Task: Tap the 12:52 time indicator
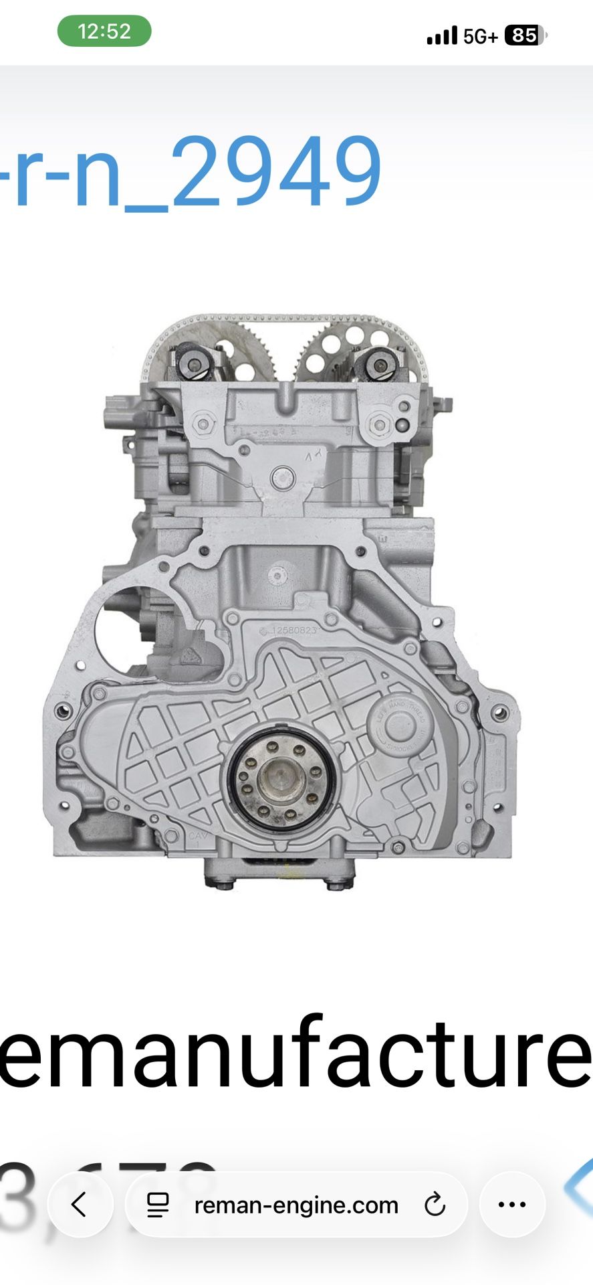coord(104,31)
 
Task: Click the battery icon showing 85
coord(525,35)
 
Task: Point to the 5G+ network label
coord(480,36)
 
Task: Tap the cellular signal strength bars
coord(442,35)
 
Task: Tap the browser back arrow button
coord(80,1204)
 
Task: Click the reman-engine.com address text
coord(296,1205)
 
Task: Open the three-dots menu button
coord(512,1204)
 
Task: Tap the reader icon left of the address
coord(158,1205)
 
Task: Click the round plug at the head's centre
coord(283,478)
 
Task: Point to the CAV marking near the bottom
coord(198,837)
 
